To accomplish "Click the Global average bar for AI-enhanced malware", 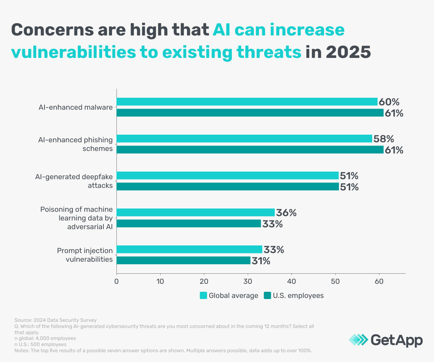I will (247, 102).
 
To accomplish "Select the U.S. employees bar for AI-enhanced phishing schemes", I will (250, 150).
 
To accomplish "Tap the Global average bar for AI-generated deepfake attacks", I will (227, 176).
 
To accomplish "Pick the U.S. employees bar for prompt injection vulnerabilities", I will (183, 261).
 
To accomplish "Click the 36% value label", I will (286, 213).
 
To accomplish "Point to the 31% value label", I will (261, 261).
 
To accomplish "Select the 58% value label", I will (383, 139).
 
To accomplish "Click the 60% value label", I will (388, 102).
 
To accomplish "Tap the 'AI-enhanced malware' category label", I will (76, 107).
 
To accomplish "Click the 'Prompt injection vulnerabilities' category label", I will (85, 255).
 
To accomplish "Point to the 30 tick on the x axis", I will (248, 281).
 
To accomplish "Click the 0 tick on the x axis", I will (116, 281).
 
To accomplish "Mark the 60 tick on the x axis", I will (379, 281).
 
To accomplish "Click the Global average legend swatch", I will (203, 296).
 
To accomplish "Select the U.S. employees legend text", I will (298, 296).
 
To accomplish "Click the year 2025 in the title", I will (348, 52).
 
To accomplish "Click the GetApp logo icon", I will (358, 340).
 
